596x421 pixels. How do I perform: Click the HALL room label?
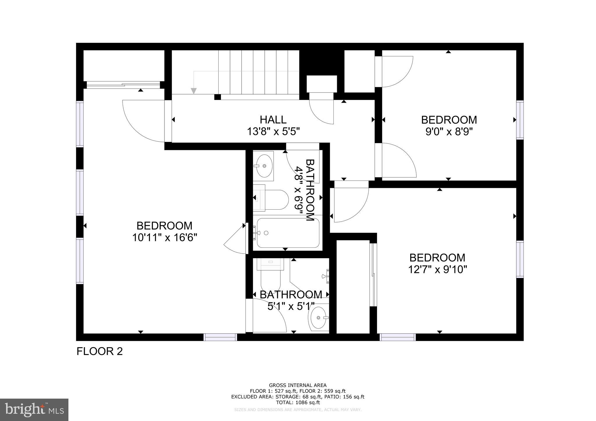click(x=273, y=119)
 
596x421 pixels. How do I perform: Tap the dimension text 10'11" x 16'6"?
click(x=165, y=238)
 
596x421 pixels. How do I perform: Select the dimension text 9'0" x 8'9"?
click(x=449, y=132)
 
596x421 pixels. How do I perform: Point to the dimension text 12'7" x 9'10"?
click(x=437, y=270)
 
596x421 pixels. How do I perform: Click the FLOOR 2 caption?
click(x=100, y=352)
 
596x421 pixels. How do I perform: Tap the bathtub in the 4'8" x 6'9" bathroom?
click(x=287, y=233)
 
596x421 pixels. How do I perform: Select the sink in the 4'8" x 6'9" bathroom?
click(x=264, y=166)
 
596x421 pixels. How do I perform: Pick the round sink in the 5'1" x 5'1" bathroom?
click(x=319, y=317)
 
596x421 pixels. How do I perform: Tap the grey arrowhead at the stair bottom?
click(x=194, y=91)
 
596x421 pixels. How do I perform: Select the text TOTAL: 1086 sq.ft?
click(x=298, y=402)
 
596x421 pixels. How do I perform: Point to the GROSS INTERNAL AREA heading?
click(x=298, y=386)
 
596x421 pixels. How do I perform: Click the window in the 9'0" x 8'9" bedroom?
click(x=520, y=120)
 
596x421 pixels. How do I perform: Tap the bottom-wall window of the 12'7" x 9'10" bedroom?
click(x=398, y=337)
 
